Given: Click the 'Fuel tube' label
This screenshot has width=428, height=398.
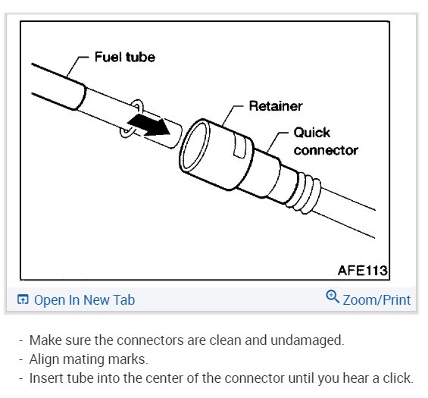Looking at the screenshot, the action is (x=125, y=57).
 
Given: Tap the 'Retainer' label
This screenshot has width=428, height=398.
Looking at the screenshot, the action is (x=276, y=106).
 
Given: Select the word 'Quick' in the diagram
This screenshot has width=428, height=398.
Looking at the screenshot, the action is (x=312, y=133).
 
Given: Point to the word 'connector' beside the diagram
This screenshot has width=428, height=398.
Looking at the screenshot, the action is (x=326, y=150).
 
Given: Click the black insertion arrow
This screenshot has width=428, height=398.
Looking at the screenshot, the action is (x=149, y=125).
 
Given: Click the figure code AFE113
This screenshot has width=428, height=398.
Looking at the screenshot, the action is (x=363, y=271).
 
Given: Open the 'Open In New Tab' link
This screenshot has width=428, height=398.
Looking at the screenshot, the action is (x=84, y=300).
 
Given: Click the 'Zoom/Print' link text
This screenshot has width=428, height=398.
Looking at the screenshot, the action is (x=376, y=300).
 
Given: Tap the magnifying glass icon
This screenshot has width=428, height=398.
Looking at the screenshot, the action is (x=333, y=296).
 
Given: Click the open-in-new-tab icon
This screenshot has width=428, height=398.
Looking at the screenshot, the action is (x=23, y=299).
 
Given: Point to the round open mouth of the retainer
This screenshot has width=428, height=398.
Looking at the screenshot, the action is (x=195, y=146).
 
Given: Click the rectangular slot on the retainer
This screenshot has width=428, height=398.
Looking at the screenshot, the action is (x=240, y=146).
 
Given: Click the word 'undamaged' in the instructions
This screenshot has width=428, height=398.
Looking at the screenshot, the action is (x=308, y=340).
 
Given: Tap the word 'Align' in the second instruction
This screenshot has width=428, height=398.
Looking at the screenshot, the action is (x=44, y=359).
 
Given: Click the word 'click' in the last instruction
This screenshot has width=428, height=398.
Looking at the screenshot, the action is (x=398, y=378).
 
